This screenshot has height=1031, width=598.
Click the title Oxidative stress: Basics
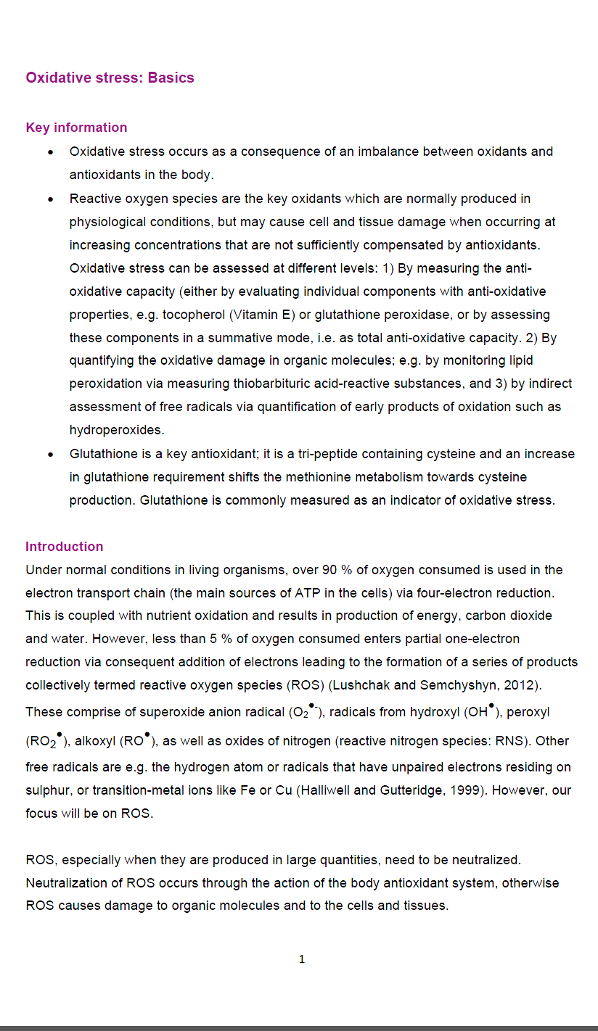110,78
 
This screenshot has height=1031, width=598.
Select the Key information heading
76,128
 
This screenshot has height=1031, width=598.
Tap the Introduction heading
65,547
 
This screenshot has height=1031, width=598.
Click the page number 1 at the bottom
302,959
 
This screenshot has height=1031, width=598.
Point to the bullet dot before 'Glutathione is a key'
50,455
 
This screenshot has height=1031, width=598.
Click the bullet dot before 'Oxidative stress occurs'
50,152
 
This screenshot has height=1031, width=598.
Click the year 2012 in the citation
523,685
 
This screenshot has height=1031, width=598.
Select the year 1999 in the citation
464,790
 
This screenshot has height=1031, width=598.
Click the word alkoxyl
95,741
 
